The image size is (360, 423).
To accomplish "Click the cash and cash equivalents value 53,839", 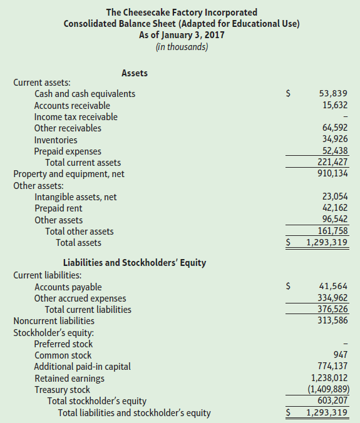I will [333, 94].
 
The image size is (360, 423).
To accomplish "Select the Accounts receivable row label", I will [72, 105].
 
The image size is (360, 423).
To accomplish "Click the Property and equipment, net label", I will [69, 174].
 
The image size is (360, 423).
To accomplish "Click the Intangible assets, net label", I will [75, 197].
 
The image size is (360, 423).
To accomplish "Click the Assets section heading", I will [135, 73].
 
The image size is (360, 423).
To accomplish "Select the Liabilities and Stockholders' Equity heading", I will [135, 262].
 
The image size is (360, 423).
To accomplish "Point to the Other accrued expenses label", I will [80, 298].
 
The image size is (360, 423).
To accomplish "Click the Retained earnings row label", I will [69, 378].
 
